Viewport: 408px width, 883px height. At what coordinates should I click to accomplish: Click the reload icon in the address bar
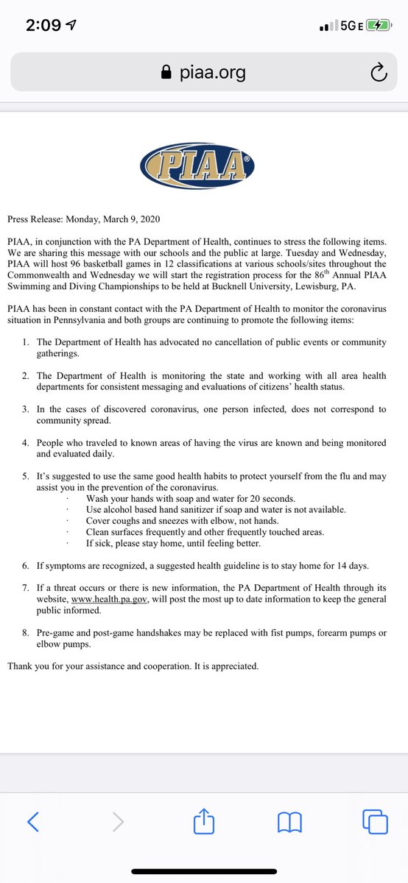pos(377,72)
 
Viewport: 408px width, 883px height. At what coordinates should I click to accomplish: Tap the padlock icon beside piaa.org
pos(166,72)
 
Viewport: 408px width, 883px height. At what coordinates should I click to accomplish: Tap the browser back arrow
pos(32,821)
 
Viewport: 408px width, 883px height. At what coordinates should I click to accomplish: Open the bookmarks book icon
pos(289,821)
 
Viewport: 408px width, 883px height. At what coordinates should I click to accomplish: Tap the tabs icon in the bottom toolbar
pos(374,821)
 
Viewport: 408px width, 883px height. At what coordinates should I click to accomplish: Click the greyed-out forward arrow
pos(118,821)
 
